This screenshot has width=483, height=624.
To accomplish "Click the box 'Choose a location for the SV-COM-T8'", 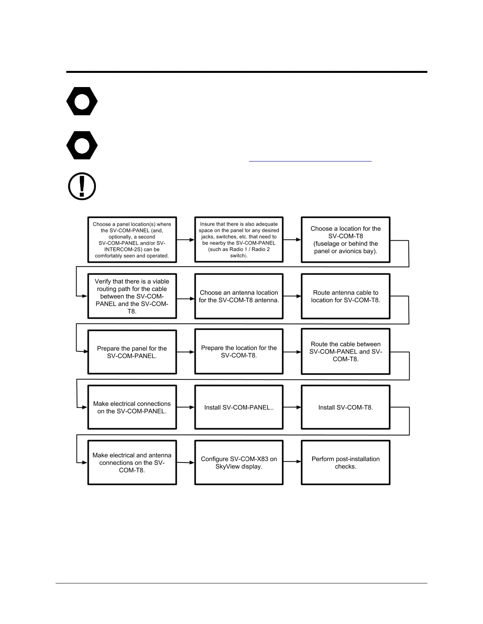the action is [x=345, y=240].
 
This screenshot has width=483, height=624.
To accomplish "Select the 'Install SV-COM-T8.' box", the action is [x=345, y=407].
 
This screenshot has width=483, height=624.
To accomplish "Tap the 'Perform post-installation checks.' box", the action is [x=345, y=462].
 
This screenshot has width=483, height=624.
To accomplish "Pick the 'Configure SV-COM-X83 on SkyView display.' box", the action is [x=239, y=462].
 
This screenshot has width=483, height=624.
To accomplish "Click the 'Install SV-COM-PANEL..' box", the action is [x=239, y=407].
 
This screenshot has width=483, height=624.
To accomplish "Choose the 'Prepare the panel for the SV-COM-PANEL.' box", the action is [x=132, y=352].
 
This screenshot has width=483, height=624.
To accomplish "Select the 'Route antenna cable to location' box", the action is [x=345, y=296].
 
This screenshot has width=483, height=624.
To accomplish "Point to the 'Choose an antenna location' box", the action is [x=239, y=296].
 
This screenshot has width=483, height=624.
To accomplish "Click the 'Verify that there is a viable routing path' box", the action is [x=132, y=296].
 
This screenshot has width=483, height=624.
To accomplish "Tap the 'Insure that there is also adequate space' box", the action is [x=239, y=240].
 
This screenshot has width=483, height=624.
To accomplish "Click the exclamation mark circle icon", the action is [x=82, y=186].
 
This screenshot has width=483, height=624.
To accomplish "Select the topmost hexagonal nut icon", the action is [x=82, y=101].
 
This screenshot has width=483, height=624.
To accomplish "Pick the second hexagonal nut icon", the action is [x=82, y=145].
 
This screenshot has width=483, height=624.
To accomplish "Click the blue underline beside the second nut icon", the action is [x=310, y=161].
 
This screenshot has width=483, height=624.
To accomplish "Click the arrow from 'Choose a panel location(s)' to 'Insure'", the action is [x=185, y=240].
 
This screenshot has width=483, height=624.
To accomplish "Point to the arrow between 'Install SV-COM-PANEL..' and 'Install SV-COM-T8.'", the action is [x=292, y=407].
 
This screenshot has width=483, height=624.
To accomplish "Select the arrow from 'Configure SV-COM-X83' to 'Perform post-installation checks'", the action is [x=292, y=461].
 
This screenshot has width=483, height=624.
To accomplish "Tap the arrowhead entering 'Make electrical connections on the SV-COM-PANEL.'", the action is [x=84, y=407].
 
